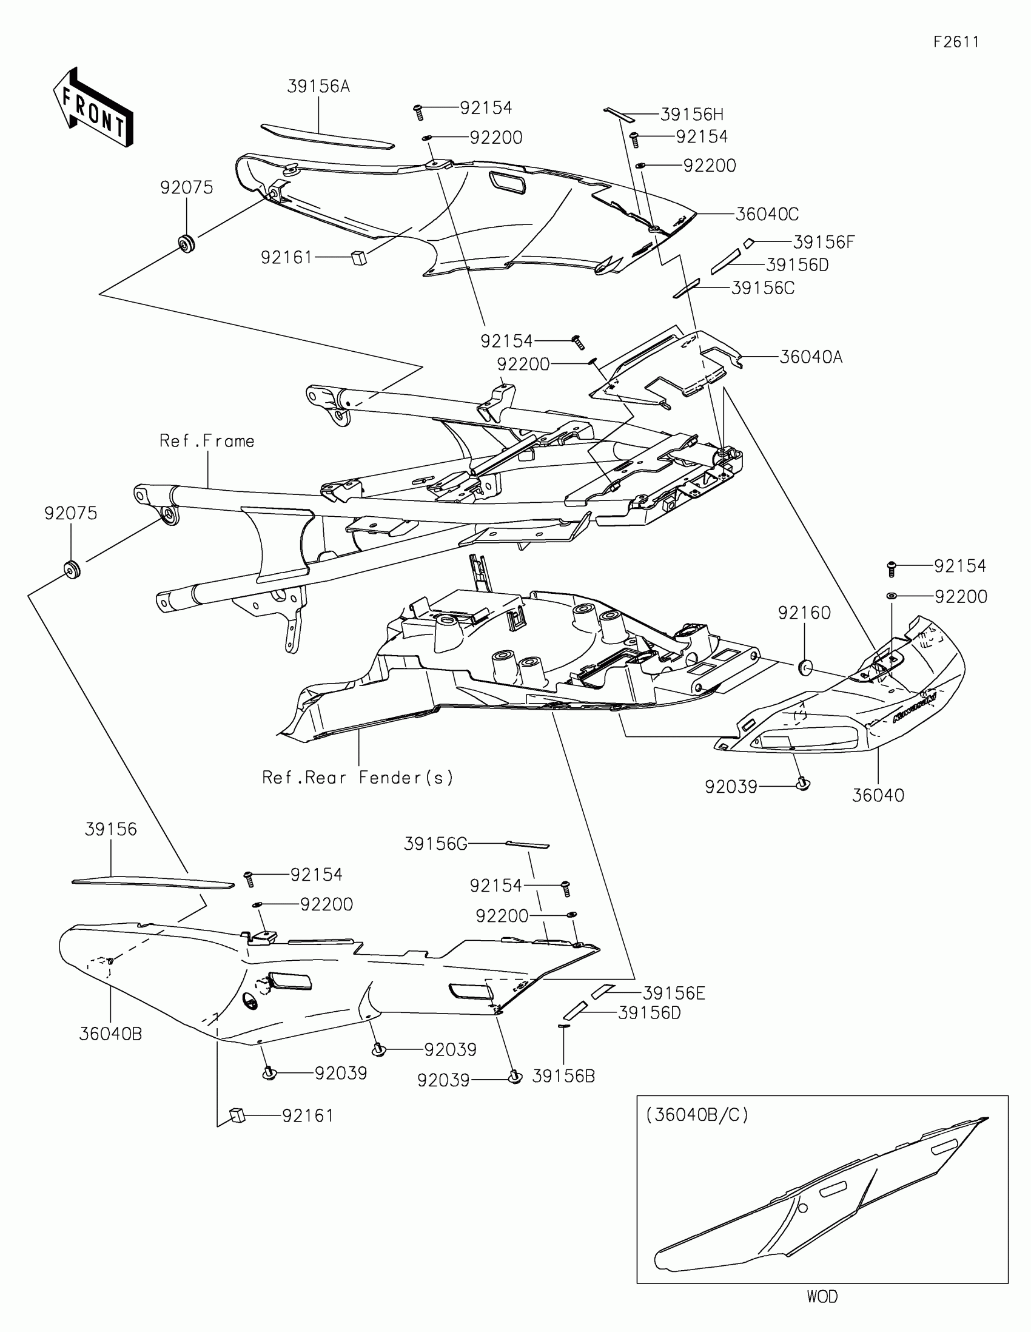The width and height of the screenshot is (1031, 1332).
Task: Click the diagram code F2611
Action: [x=956, y=42]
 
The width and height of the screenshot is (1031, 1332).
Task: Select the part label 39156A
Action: [x=318, y=87]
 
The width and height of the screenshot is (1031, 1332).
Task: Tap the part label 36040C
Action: [x=767, y=215]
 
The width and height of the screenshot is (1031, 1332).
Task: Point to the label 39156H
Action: [x=692, y=115]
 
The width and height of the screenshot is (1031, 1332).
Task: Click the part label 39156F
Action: [x=824, y=243]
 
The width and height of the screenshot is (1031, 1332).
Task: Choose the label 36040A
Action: [x=811, y=357]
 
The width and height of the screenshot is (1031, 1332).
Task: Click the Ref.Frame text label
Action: [x=207, y=441]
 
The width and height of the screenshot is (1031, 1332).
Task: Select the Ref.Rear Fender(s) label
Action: [x=358, y=778]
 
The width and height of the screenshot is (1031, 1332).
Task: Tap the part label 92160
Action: [x=804, y=613]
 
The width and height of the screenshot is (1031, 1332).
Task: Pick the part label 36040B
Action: [x=110, y=1034]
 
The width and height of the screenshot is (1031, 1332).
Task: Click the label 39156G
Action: [x=435, y=844]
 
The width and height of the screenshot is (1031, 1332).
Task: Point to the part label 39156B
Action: [x=563, y=1077]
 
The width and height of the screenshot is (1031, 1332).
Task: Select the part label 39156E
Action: [x=674, y=994]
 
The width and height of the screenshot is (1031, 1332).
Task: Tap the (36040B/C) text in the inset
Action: [x=697, y=1115]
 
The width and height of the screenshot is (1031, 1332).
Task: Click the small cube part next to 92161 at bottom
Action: [x=237, y=1115]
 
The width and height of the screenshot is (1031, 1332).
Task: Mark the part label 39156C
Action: [x=763, y=289]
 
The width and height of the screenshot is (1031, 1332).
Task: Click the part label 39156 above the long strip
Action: [x=111, y=829]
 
